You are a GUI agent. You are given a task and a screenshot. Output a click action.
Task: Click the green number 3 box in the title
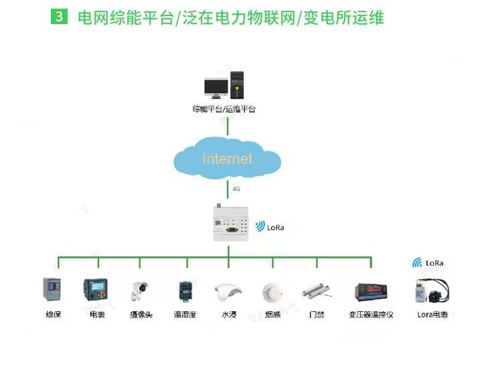coord(60,17)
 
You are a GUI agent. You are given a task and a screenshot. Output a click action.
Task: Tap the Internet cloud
coord(227,160)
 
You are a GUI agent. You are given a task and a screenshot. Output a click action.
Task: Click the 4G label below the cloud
coord(236,189)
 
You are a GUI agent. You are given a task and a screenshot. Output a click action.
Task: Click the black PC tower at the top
coord(237,85)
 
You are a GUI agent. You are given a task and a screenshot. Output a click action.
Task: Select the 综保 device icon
coord(52,290)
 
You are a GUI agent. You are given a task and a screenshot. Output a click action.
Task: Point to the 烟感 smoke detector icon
coord(272,291)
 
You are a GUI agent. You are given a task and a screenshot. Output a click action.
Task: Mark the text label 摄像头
coord(141,314)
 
